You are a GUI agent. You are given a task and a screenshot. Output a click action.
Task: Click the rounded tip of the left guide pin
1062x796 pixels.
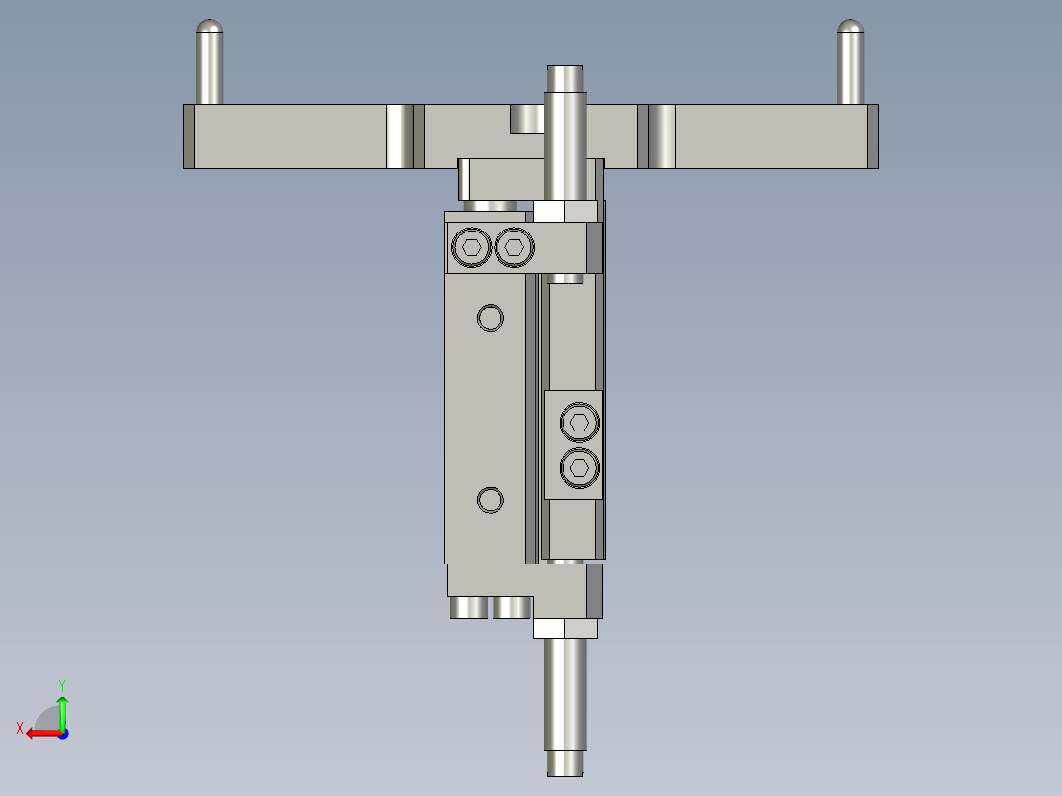point(209,27)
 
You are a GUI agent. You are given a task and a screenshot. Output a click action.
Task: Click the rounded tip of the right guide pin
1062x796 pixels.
point(851,27)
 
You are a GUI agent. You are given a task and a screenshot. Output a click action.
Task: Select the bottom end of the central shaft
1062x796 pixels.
point(565,763)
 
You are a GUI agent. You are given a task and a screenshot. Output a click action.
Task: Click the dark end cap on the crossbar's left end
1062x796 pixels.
point(189,137)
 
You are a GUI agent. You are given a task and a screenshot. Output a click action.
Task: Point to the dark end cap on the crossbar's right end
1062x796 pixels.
point(872,137)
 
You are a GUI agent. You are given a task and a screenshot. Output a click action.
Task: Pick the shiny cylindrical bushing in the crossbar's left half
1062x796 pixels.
point(399,137)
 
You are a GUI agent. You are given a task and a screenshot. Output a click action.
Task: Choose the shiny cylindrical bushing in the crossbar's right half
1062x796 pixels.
point(662,137)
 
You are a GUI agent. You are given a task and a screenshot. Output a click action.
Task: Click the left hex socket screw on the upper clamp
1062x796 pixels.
point(472,247)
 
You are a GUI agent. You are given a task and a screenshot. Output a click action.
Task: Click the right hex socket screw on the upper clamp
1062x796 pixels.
point(513,247)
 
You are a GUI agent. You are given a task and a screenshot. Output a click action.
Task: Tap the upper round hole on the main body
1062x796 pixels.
point(490,317)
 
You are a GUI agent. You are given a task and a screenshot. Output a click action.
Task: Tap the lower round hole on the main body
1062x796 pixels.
point(490,500)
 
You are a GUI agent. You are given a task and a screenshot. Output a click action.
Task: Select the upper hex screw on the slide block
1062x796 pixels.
point(579,423)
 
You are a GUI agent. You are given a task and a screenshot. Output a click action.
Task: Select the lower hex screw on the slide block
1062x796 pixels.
point(579,467)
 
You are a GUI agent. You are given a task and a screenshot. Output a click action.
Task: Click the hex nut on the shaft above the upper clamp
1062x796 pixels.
point(565,211)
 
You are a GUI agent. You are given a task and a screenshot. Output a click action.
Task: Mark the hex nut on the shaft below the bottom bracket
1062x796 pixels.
point(565,629)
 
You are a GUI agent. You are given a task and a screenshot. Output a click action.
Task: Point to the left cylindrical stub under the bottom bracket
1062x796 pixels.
point(469,608)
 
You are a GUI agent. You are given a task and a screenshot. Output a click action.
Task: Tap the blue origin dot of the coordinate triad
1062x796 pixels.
point(62,733)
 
